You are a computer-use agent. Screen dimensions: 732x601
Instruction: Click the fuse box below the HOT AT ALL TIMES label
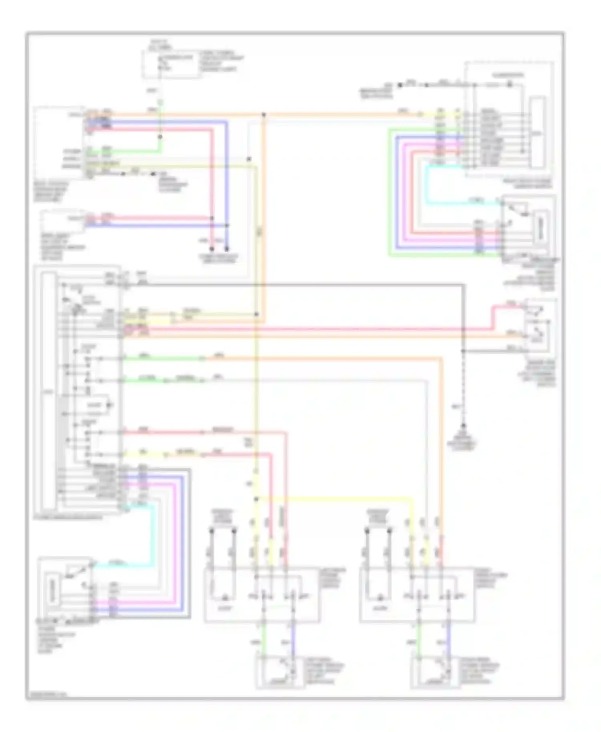point(171,64)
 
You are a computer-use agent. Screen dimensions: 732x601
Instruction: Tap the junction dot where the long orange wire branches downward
point(264,115)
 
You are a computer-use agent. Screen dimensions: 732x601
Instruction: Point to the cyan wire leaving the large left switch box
point(153,537)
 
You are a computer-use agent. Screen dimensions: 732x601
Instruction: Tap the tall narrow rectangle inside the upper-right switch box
point(537,132)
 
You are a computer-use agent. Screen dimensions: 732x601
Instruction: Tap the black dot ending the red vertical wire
point(212,249)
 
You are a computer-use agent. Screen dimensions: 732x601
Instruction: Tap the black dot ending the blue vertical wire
point(227,249)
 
